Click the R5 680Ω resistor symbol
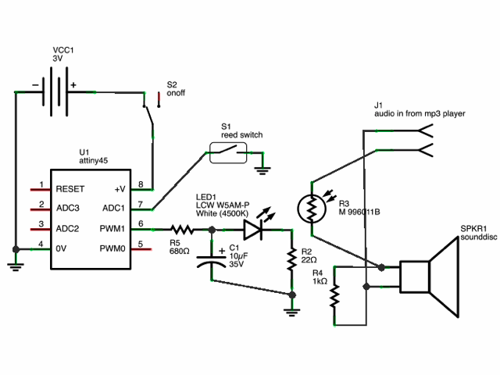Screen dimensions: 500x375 coord(182,229)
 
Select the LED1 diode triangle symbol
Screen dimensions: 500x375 coord(253,229)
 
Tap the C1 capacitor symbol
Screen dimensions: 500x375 coord(212,260)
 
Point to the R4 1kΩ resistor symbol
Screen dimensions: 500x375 coord(334,296)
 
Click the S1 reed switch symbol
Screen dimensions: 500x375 coord(228,153)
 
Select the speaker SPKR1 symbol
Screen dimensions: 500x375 coord(429,277)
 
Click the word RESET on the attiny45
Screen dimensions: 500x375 coord(70,189)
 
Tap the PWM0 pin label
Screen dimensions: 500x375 coord(112,248)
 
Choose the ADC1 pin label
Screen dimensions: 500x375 coord(113,209)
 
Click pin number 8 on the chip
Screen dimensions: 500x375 coord(141,184)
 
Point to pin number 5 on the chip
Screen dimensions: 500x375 coord(141,245)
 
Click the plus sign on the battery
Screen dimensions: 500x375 coord(73,85)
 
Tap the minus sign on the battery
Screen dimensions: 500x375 coord(35,85)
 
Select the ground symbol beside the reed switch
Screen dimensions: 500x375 coord(262,171)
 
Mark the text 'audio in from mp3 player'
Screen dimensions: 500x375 coord(420,113)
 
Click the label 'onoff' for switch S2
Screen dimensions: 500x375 coord(176,93)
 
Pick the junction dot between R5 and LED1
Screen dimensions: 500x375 coord(212,230)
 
